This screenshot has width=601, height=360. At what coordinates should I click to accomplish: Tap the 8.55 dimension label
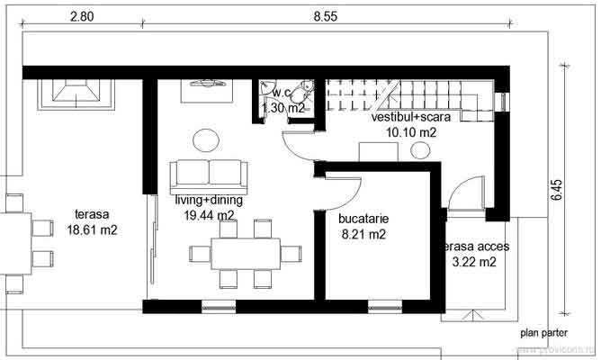tap(326, 15)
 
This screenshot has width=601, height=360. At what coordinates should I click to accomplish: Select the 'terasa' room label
tap(91, 215)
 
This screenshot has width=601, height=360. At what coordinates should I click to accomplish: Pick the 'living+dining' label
tap(207, 200)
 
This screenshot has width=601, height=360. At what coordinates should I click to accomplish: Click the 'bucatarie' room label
tap(363, 219)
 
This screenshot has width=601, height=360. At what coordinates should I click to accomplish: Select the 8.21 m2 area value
tap(363, 235)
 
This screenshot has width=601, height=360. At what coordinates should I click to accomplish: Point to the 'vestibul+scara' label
tap(411, 117)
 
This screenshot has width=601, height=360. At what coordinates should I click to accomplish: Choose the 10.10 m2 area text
tap(411, 132)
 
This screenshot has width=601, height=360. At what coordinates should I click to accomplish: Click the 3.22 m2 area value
tap(474, 263)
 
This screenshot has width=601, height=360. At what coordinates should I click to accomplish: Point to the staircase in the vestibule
tap(405, 93)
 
